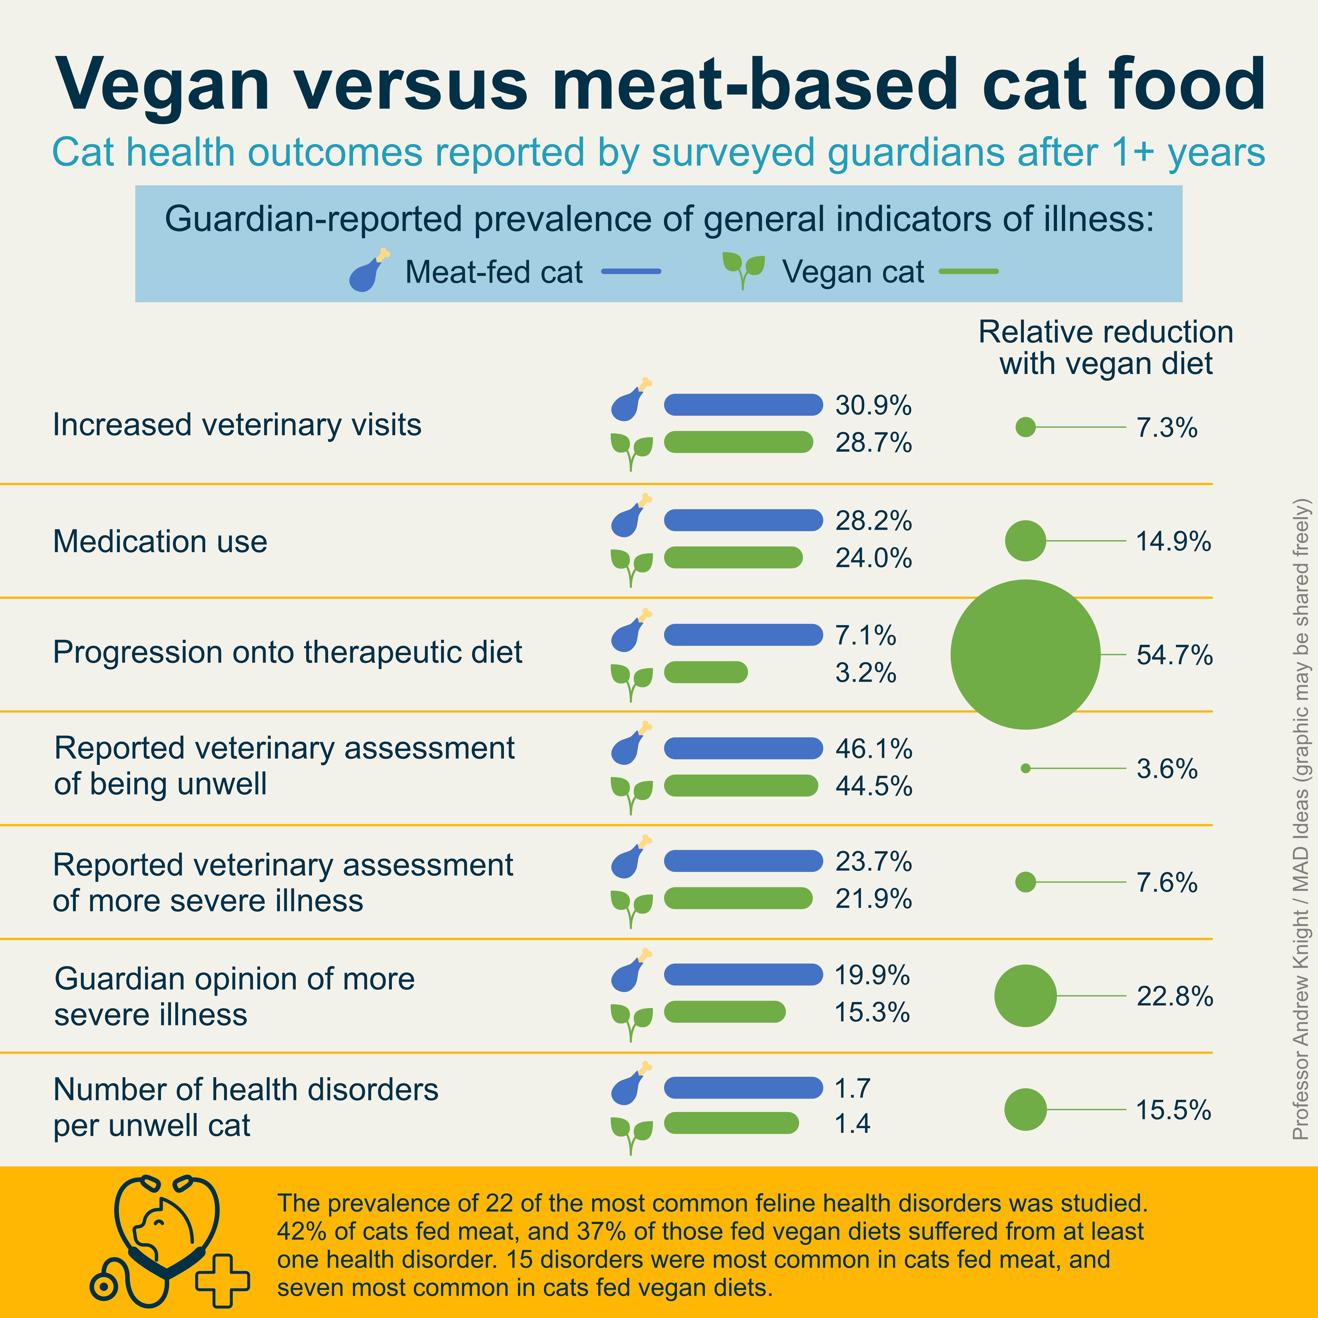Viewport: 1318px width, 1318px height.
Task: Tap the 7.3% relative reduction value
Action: tap(1167, 428)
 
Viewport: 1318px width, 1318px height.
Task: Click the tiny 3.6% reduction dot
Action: tap(1025, 768)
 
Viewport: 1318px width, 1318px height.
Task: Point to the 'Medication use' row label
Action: tap(160, 542)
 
